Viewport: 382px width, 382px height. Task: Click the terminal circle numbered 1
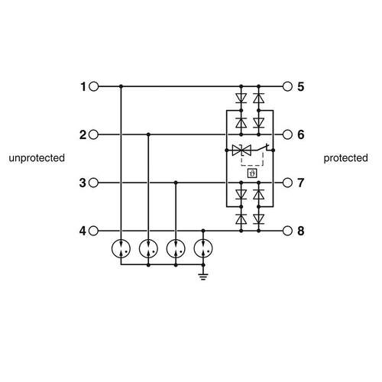[94, 86]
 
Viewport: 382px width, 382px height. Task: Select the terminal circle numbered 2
[94, 134]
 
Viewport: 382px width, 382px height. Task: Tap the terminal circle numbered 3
[94, 183]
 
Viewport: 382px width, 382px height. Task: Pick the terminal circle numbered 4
[94, 231]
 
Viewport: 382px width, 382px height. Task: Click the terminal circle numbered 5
[287, 86]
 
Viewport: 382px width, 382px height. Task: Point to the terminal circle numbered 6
[287, 134]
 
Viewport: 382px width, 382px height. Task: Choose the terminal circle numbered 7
[287, 183]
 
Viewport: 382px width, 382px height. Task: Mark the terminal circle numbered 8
[287, 231]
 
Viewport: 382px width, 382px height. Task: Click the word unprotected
[37, 158]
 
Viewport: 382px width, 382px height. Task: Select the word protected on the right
[345, 158]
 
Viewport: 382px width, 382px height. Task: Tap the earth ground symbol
[203, 277]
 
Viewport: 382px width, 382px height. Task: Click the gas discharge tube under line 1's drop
[121, 248]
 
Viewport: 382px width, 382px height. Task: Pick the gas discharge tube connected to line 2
[148, 248]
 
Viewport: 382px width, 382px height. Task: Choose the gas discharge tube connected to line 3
[176, 248]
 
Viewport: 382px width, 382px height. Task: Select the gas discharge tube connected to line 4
[203, 248]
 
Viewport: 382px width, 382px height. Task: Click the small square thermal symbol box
[252, 173]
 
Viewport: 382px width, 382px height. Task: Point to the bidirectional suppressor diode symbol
[241, 151]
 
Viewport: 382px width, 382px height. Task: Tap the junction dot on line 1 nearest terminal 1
[121, 86]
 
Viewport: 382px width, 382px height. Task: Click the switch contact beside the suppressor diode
[262, 147]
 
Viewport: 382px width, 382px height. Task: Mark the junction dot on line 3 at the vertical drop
[176, 183]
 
